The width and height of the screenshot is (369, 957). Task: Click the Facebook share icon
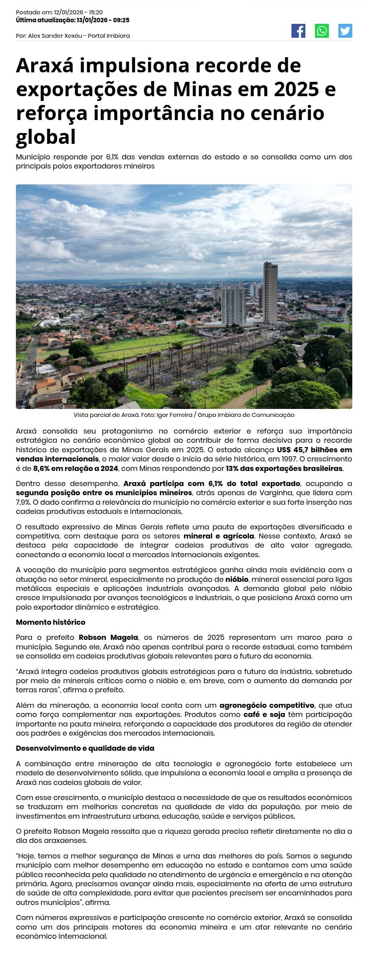click(x=298, y=31)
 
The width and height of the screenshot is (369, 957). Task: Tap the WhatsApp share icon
click(x=322, y=31)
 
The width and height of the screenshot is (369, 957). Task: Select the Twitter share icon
click(x=345, y=31)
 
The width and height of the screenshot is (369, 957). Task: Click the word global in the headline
click(x=46, y=137)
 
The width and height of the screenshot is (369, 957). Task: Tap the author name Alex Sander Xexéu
click(x=55, y=36)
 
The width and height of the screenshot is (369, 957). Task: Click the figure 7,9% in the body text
click(x=23, y=502)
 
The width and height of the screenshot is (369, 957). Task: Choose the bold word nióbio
click(x=237, y=579)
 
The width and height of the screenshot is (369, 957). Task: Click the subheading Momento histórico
click(x=50, y=622)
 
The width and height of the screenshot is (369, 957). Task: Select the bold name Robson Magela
click(x=108, y=637)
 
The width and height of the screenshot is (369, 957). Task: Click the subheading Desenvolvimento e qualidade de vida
click(x=85, y=748)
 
